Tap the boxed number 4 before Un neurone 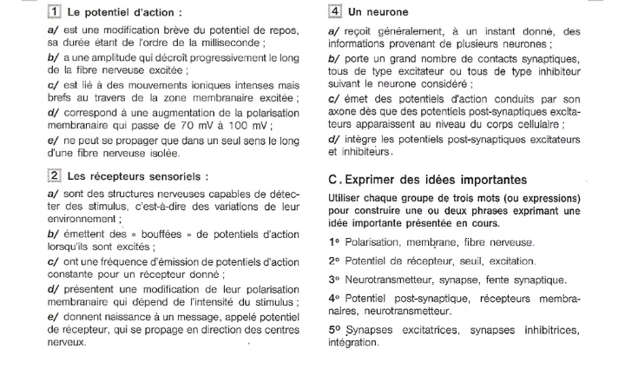pyautogui.click(x=335, y=13)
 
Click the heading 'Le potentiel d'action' pyautogui.click(x=125, y=13)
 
